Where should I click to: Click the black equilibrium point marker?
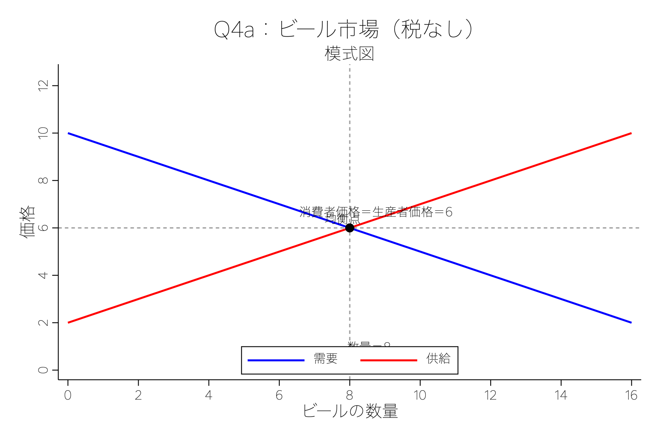pos(349,228)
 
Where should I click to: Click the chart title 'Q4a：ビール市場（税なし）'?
pos(343,29)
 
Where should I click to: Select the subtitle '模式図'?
pos(349,53)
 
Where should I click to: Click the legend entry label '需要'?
pos(326,358)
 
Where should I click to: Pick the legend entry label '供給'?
pos(438,358)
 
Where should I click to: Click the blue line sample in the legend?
pos(276,360)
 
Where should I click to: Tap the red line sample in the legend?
pos(389,360)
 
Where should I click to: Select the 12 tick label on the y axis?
pos(43,86)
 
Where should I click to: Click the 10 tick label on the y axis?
pos(43,133)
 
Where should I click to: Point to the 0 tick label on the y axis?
pos(43,370)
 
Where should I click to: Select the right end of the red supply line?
pos(631,133)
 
